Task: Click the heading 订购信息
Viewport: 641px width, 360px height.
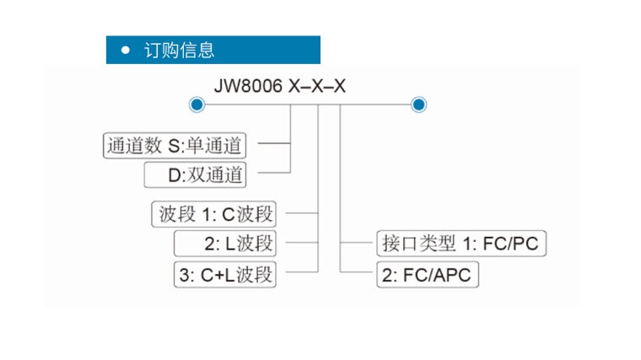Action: pyautogui.click(x=180, y=50)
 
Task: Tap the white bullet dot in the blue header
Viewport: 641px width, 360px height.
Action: pyautogui.click(x=126, y=50)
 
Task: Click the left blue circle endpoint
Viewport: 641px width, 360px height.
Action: pyautogui.click(x=197, y=105)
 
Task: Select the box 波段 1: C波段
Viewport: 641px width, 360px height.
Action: pyautogui.click(x=216, y=214)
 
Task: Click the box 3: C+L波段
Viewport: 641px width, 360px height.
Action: pyautogui.click(x=225, y=274)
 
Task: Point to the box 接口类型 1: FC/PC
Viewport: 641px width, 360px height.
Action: pyautogui.click(x=460, y=244)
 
